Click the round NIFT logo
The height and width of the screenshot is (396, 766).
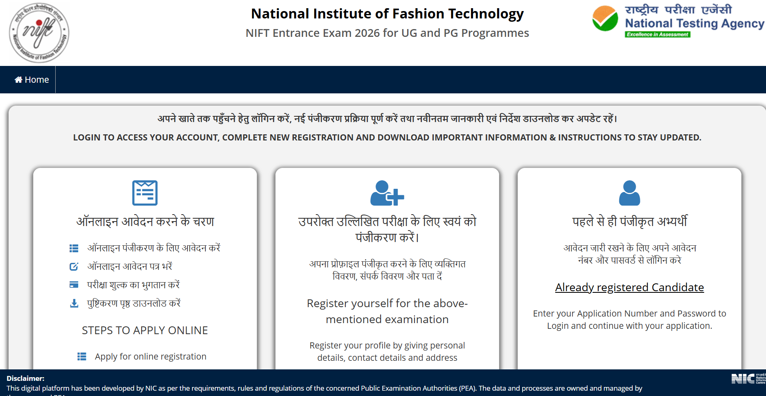(39, 33)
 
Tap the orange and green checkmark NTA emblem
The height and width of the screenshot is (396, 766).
(605, 19)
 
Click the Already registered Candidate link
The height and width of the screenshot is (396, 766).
(629, 287)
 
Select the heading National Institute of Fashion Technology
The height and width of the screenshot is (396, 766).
(387, 14)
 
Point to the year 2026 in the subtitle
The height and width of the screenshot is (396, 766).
(367, 33)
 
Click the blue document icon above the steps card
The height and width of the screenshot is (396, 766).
(145, 193)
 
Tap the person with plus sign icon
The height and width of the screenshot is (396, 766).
(387, 193)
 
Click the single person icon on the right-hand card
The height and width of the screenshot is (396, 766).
(629, 193)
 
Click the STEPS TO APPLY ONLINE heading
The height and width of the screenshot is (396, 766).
(145, 330)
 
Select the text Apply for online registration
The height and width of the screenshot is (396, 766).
(151, 357)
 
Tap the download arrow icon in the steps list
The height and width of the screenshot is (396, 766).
(74, 303)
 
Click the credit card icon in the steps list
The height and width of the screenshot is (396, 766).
(74, 285)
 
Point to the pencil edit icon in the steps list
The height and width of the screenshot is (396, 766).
(74, 267)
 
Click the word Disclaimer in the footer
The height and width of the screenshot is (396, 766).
(25, 378)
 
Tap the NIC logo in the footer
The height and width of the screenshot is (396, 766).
(743, 379)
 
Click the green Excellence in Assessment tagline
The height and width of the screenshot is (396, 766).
(658, 34)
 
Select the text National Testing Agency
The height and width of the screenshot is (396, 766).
(694, 24)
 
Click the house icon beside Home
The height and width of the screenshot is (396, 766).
(18, 80)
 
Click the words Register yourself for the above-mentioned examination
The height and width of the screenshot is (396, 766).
(387, 311)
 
